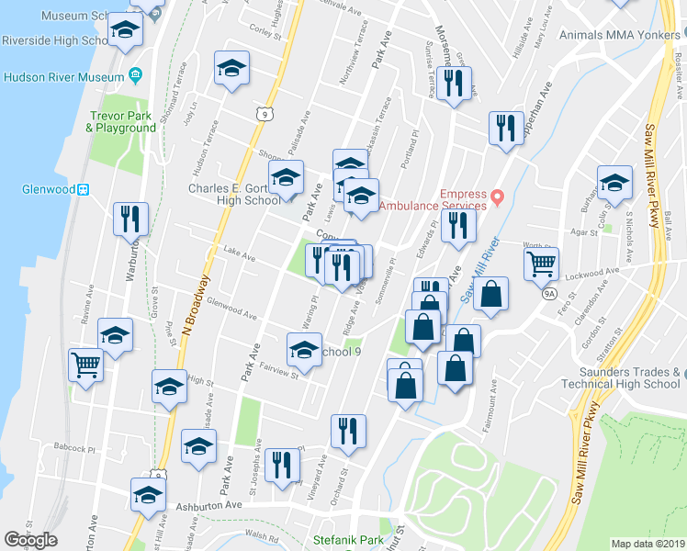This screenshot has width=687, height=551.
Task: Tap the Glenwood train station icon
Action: click(x=83, y=189)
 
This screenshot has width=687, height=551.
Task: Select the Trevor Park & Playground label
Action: click(x=122, y=122)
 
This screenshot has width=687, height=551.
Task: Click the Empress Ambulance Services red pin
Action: click(x=498, y=197)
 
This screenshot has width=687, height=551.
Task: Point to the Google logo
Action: click(x=30, y=540)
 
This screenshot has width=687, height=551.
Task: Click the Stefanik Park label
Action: click(x=348, y=540)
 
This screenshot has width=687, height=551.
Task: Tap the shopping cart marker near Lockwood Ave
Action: click(x=542, y=264)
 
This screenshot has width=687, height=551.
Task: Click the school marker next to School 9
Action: click(x=304, y=349)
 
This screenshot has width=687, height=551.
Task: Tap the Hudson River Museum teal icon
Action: click(x=136, y=74)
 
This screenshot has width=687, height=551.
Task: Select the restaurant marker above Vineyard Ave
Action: click(x=348, y=431)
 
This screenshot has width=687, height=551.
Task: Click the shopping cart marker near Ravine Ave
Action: click(x=85, y=365)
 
